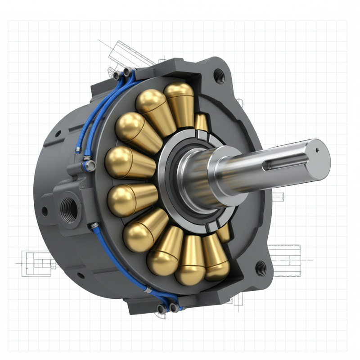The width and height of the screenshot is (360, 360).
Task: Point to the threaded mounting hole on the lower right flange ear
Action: point(260,269)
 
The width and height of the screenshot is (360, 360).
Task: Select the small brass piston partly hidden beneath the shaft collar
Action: point(224,232)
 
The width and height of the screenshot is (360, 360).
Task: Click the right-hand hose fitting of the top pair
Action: point(129,71)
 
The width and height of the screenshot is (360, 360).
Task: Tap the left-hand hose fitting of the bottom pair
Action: point(161,309)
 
